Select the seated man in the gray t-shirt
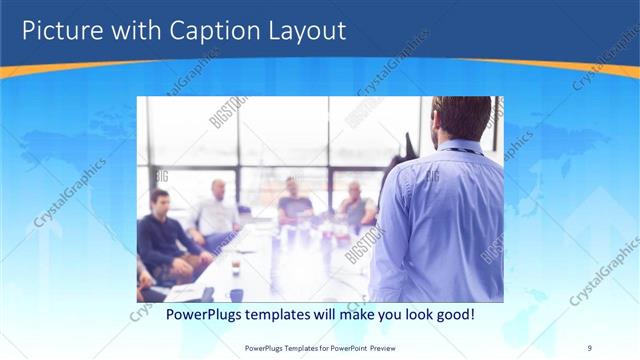[295, 200]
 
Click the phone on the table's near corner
[207, 294]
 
